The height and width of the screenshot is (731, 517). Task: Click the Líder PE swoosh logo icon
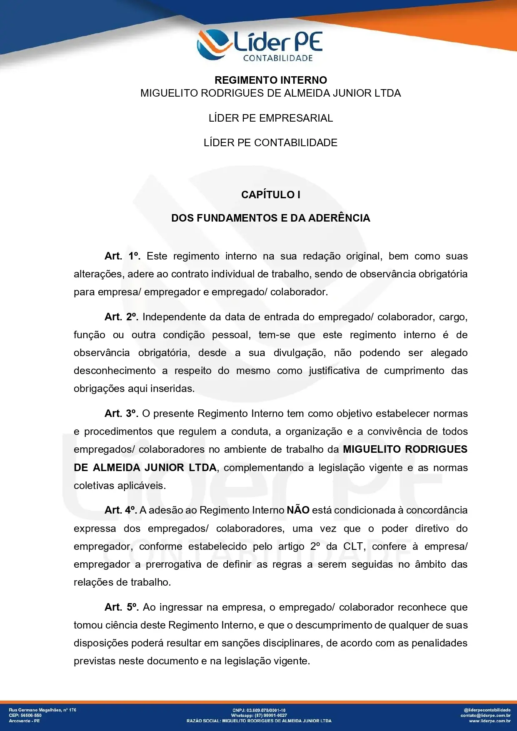click(x=214, y=45)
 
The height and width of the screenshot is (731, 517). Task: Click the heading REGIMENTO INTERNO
click(x=271, y=80)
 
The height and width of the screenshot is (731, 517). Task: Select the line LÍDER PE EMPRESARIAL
click(x=271, y=118)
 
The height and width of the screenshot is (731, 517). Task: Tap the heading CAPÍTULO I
click(x=271, y=195)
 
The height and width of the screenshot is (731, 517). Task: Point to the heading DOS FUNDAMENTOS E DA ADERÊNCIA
click(x=271, y=218)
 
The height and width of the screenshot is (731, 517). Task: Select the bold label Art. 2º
click(x=121, y=317)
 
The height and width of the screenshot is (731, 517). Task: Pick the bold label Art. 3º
click(x=121, y=414)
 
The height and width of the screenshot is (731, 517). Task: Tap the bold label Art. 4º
click(x=120, y=510)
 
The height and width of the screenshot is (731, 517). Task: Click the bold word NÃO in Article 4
click(x=298, y=510)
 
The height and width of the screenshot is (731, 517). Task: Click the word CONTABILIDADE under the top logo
click(x=278, y=58)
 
